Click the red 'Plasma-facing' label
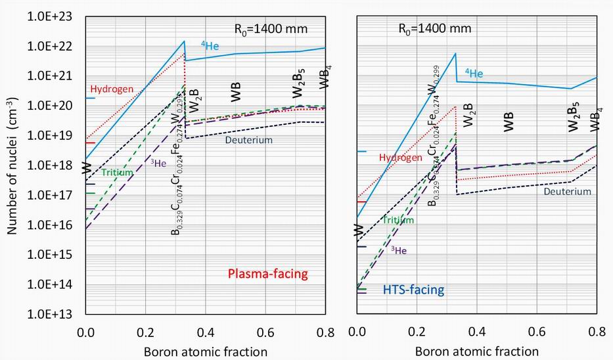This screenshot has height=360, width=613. (x=267, y=274)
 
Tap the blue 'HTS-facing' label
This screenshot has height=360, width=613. (x=413, y=290)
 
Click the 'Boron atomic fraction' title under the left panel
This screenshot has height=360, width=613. (x=205, y=351)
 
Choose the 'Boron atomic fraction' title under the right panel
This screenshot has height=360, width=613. (x=477, y=351)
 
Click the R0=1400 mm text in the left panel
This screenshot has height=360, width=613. (x=271, y=29)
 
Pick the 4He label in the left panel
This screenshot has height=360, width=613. (x=210, y=46)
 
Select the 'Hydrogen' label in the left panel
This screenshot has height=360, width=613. (x=112, y=89)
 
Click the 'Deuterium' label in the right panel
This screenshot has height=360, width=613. (x=568, y=192)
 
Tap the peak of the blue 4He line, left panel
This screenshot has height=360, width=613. (x=185, y=41)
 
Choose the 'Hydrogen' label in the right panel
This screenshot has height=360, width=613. (x=400, y=158)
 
